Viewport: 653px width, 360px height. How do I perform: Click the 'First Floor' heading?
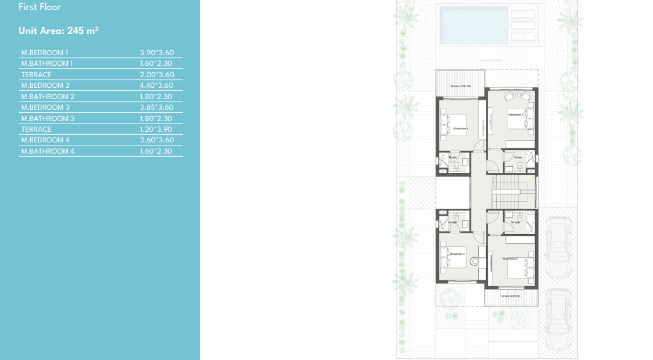pos(40,8)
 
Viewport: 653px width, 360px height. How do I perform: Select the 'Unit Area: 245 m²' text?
pos(59,30)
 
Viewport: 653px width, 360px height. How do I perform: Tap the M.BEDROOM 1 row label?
pos(45,53)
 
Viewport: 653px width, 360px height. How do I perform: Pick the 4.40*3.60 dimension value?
pos(156,85)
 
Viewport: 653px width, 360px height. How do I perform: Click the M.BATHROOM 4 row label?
pos(48,151)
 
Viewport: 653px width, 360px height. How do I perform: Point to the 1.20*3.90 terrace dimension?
pos(156,129)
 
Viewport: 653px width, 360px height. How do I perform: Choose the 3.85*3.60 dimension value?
pos(156,107)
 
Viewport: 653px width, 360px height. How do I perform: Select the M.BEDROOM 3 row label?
pos(45,107)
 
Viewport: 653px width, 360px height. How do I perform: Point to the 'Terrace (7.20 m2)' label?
pos(460,86)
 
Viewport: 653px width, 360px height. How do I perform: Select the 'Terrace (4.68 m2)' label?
pos(511,295)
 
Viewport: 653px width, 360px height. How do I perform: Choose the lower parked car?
pos(557,316)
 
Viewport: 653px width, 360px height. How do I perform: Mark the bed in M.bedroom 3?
pos(520,267)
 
